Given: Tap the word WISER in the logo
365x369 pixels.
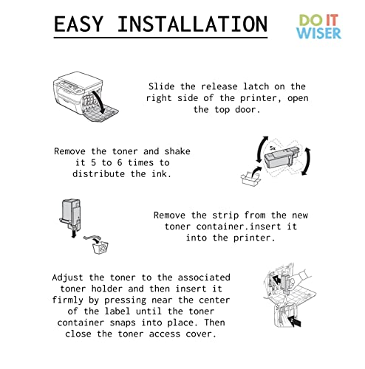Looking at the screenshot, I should click(318, 33).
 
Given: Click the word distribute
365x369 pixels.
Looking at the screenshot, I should click(100, 174).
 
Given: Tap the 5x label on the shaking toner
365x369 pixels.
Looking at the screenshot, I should click(273, 147).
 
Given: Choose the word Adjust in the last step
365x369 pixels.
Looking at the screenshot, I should click(70, 277).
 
